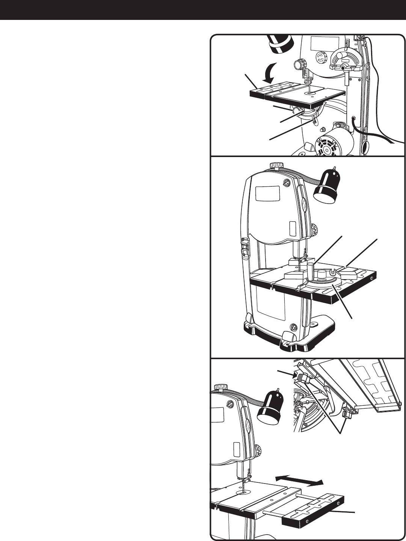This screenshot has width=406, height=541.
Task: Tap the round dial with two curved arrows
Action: pos(319,58)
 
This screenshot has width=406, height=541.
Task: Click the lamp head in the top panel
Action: pos(279,42)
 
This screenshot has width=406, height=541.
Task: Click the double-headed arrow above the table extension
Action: pos(299,480)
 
